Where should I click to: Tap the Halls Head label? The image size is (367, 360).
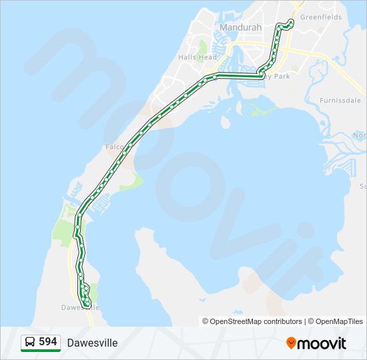coord(198,57)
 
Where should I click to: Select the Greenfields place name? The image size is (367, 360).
coord(321,17)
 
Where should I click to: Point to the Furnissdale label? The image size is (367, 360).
coord(341,101)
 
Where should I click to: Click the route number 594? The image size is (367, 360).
coord(48,342)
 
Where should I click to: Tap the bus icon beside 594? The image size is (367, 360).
coord(30,342)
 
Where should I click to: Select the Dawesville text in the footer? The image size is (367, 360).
coord(92,343)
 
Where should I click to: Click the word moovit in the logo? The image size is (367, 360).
coord(322,343)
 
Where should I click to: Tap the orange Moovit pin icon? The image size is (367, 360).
coord(291,343)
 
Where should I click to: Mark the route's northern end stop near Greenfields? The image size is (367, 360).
coord(292,23)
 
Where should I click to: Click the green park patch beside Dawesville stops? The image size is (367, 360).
coord(93,291)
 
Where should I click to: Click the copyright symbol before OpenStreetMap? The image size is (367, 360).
coord(206,321)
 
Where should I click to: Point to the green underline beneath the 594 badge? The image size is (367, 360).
coord(41,351)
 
